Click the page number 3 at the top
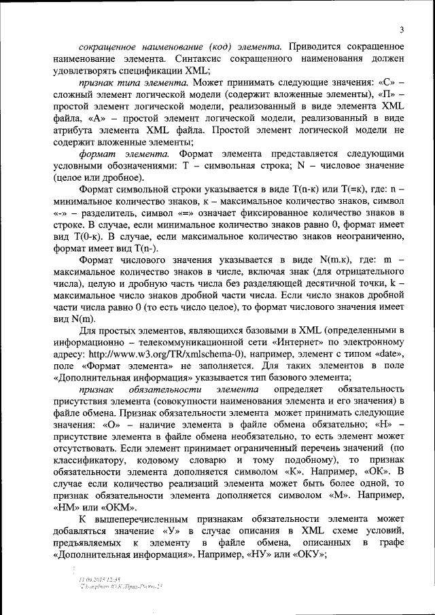pos(402,29)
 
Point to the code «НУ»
pos(259,555)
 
